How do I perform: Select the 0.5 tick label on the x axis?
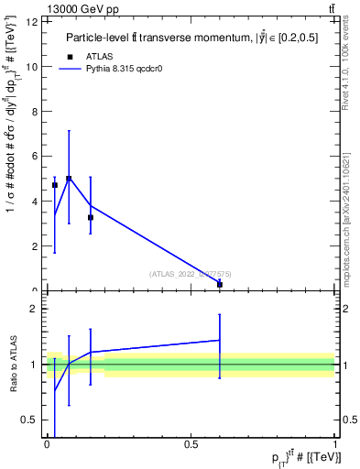pos(191,444)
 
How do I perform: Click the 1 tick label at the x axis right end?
pos(335,444)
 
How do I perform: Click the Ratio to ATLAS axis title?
pos(15,365)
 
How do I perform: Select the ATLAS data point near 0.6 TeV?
pos(220,285)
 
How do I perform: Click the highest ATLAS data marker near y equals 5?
pos(69,179)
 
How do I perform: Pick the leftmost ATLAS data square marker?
pos(55,185)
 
